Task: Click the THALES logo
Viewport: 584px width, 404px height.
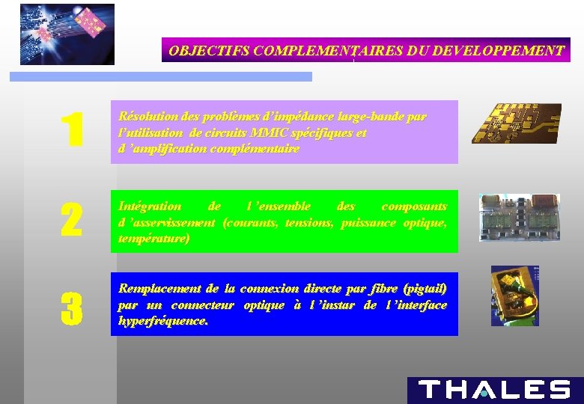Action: (494, 390)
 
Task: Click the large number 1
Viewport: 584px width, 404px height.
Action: (71, 130)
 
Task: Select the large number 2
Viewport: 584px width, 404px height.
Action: (70, 221)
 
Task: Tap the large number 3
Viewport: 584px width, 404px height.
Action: (70, 308)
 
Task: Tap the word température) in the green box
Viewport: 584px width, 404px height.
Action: (153, 239)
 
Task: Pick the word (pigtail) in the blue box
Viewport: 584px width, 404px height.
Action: (425, 289)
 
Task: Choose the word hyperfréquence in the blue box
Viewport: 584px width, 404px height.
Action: (162, 321)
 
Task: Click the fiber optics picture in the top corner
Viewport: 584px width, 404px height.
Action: (67, 34)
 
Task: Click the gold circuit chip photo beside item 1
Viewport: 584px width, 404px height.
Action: (516, 123)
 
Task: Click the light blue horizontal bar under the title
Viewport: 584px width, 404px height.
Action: (160, 76)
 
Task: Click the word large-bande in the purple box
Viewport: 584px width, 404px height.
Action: (380, 117)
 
